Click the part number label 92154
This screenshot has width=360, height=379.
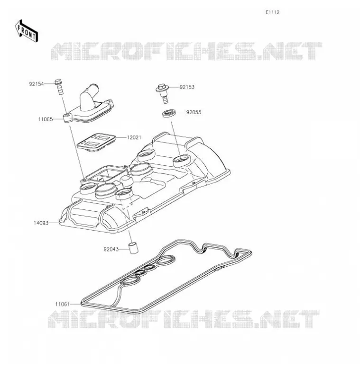pyautogui.click(x=37, y=84)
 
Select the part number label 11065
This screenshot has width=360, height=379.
pyautogui.click(x=45, y=119)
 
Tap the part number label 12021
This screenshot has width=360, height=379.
pyautogui.click(x=134, y=137)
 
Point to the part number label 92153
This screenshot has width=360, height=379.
pyautogui.click(x=187, y=87)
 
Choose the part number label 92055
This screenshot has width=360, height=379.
pyautogui.click(x=194, y=112)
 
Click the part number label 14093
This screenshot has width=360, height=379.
pyautogui.click(x=41, y=223)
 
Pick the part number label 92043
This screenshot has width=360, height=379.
pyautogui.click(x=111, y=249)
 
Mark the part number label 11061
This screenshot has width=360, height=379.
pyautogui.click(x=63, y=304)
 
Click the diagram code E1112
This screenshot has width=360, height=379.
pyautogui.click(x=272, y=12)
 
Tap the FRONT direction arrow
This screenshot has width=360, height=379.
pyautogui.click(x=27, y=32)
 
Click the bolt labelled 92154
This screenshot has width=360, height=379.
pyautogui.click(x=59, y=87)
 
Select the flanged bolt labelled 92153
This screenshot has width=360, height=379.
pyautogui.click(x=163, y=93)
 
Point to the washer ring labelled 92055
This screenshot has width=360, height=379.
pyautogui.click(x=168, y=113)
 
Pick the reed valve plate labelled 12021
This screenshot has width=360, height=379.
pyautogui.click(x=96, y=143)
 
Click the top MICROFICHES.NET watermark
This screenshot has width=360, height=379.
pyautogui.click(x=186, y=51)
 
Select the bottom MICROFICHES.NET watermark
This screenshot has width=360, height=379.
pyautogui.click(x=184, y=319)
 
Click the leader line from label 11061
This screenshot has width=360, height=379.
pyautogui.click(x=75, y=304)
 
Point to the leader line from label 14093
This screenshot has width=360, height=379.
pyautogui.click(x=54, y=223)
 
